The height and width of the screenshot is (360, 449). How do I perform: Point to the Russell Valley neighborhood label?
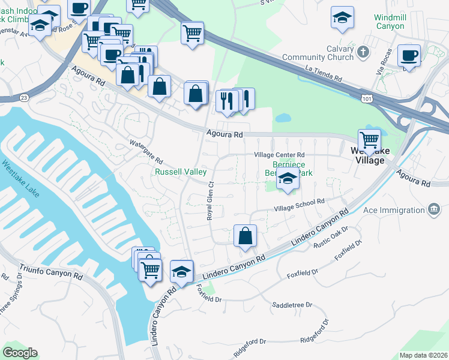tap(177, 172)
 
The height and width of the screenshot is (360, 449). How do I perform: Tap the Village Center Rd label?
tap(280, 154)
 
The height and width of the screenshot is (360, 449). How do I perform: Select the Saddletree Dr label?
tap(292, 305)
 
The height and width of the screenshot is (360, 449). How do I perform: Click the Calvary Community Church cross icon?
tap(363, 53)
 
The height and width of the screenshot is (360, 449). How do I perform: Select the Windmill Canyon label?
tap(390, 22)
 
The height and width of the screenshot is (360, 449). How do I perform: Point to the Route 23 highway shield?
tap(23, 97)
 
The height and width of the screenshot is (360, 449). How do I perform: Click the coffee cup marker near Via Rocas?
tap(409, 56)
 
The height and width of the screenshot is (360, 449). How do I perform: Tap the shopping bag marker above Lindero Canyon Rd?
tap(245, 235)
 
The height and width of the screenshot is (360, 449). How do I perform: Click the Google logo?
tap(20, 353)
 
